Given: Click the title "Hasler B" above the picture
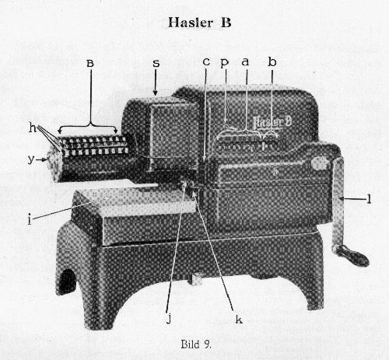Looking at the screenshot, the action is [199, 23].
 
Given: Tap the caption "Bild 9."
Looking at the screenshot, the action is [196, 344].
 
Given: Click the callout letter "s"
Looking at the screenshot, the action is [156, 63].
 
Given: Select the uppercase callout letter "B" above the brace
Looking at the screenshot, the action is [90, 63].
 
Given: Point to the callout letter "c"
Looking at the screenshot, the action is [206, 62].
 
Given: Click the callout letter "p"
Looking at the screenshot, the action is [225, 63].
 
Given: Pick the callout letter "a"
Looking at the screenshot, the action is [245, 62].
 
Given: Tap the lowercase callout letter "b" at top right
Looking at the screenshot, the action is [272, 61].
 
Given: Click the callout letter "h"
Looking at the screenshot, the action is [32, 128].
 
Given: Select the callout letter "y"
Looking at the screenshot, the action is [31, 159].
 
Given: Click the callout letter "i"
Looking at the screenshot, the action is [30, 220].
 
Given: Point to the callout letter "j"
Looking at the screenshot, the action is [169, 319].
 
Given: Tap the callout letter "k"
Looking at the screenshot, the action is [239, 320].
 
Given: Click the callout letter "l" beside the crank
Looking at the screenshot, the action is [369, 198].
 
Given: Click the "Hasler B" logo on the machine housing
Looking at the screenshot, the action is [272, 122].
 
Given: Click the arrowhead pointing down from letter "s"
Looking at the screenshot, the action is [156, 93].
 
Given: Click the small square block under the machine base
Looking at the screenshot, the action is [196, 279].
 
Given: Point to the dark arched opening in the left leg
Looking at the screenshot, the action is [66, 282].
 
